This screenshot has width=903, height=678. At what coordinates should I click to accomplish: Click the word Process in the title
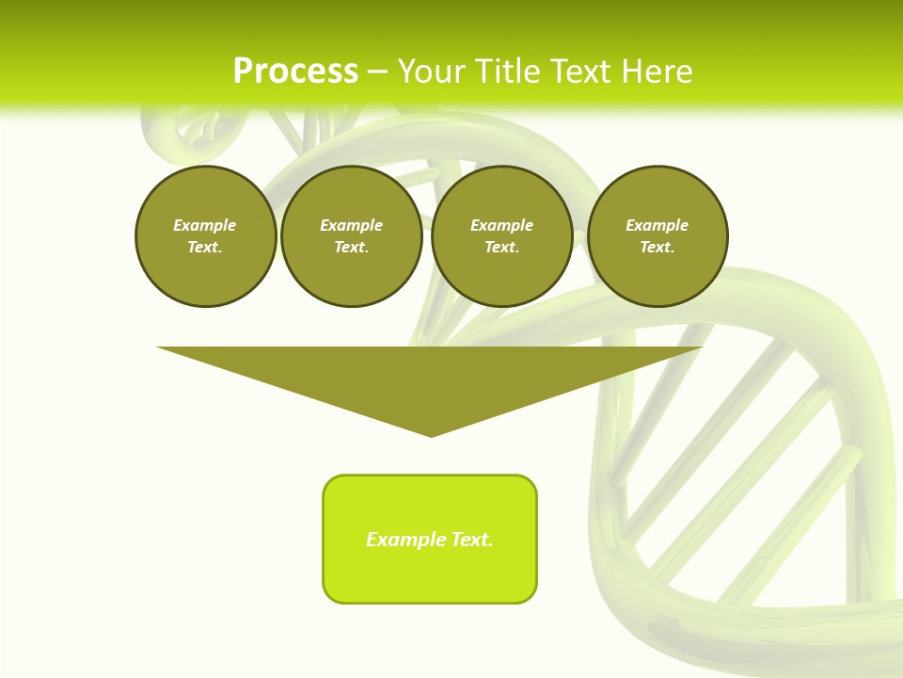click(295, 72)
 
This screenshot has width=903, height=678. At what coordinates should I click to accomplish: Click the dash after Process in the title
click(377, 73)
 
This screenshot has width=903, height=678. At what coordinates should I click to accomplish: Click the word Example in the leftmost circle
click(205, 225)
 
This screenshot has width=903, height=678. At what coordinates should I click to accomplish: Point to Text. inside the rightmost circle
click(657, 247)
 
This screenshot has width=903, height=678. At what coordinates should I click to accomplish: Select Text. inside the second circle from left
click(351, 247)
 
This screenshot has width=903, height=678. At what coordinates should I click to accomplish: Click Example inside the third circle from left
click(501, 225)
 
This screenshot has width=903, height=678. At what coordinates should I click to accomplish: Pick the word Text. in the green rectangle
click(472, 540)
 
